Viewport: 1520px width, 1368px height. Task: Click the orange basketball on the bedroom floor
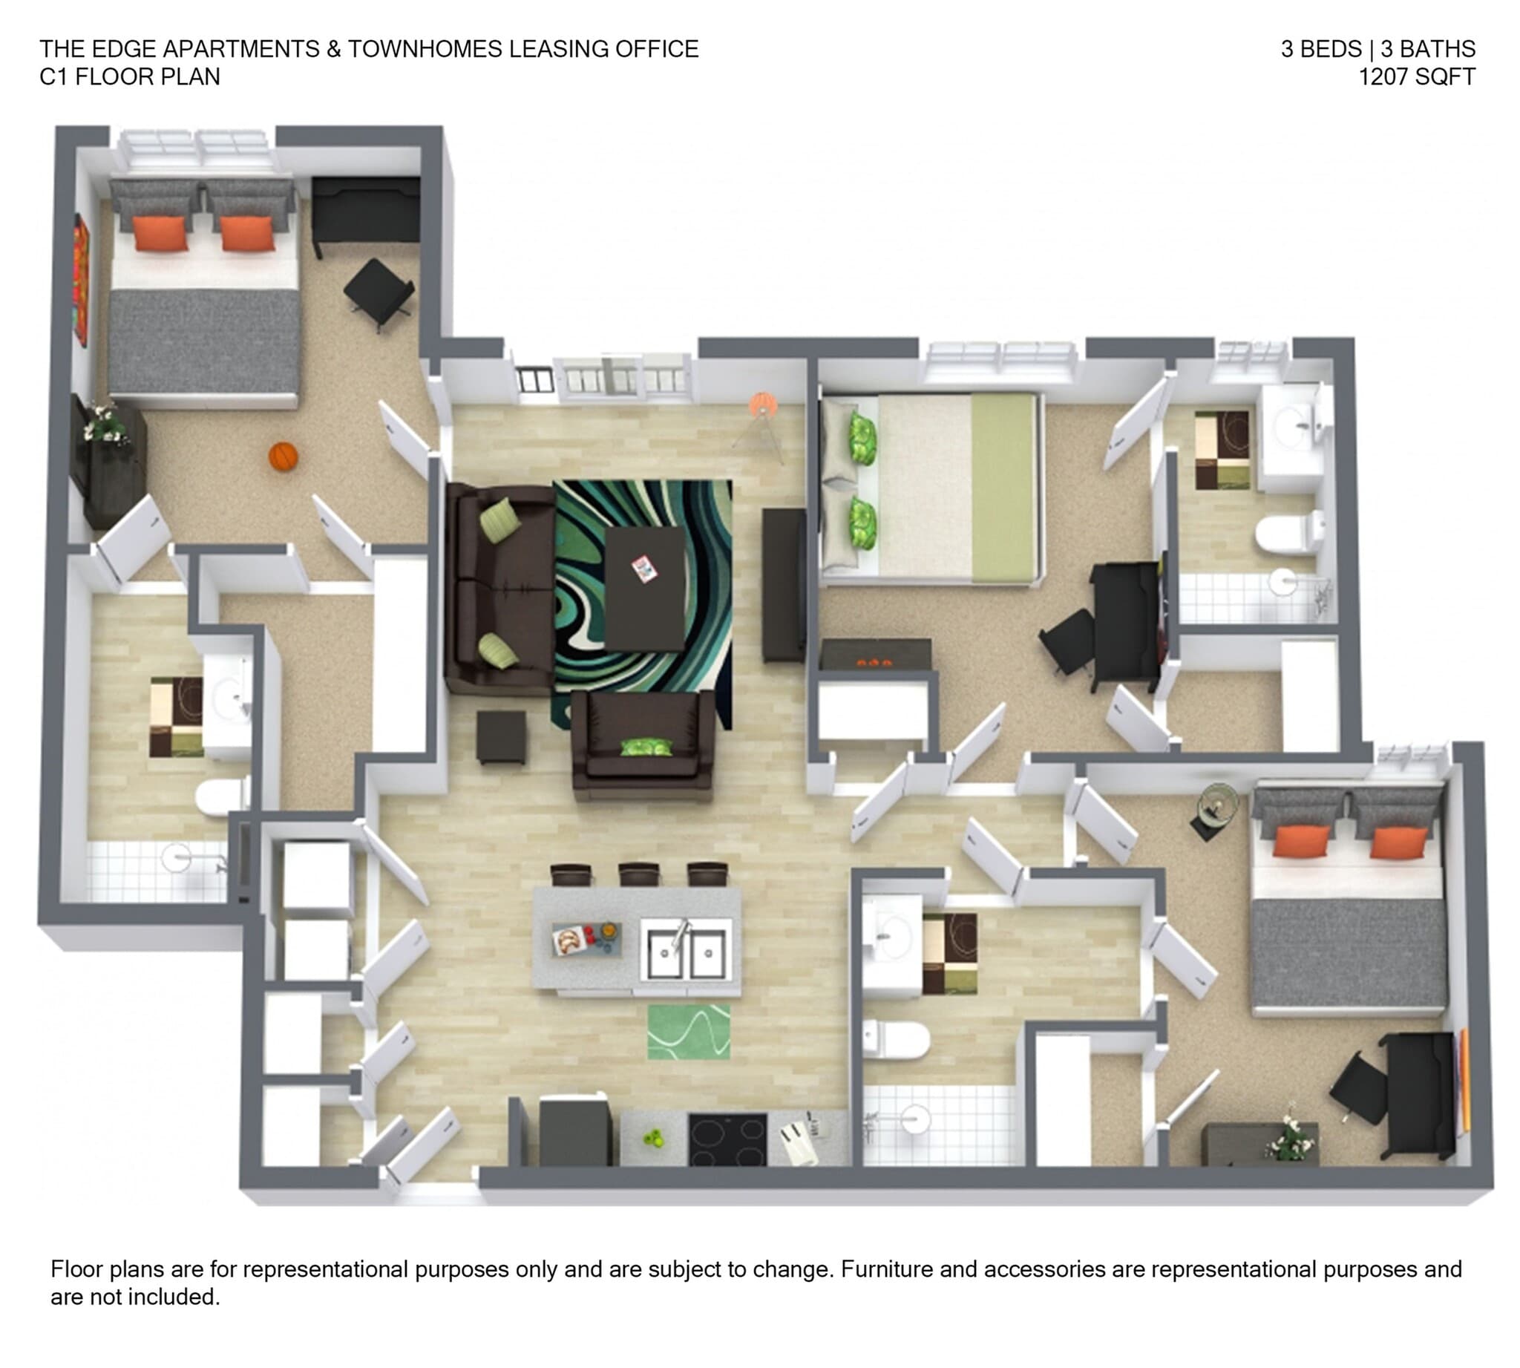(284, 456)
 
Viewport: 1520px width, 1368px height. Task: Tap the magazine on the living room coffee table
(644, 569)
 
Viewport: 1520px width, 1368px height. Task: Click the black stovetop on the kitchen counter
(727, 1139)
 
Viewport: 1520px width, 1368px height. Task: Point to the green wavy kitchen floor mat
(689, 1031)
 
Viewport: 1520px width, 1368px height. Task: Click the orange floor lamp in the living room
(762, 406)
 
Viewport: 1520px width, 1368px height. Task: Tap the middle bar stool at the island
(639, 874)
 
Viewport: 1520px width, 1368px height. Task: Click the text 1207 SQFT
(1416, 76)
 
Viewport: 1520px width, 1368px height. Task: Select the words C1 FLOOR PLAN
(129, 76)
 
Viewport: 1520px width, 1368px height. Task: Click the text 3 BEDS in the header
(1321, 49)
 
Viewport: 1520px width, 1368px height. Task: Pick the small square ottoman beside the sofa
(501, 736)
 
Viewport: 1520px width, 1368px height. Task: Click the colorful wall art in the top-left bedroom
(80, 280)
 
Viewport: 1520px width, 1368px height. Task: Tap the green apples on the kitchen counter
(654, 1139)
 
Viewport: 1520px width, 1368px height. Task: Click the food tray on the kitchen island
(586, 939)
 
